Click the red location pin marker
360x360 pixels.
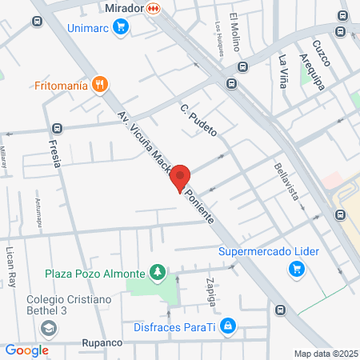pyautogui.click(x=180, y=178)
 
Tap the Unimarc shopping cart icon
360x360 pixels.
pyautogui.click(x=121, y=27)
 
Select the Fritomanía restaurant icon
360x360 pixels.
pyautogui.click(x=99, y=83)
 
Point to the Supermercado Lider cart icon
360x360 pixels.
pyautogui.click(x=297, y=269)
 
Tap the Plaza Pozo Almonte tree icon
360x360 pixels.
pyautogui.click(x=158, y=274)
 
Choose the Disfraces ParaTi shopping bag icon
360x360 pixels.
pyautogui.click(x=228, y=325)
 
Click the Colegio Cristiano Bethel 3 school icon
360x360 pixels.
pyautogui.click(x=49, y=328)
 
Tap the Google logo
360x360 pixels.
pyautogui.click(x=26, y=350)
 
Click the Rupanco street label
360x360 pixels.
pyautogui.click(x=101, y=342)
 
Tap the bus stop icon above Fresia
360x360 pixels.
pyautogui.click(x=56, y=128)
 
